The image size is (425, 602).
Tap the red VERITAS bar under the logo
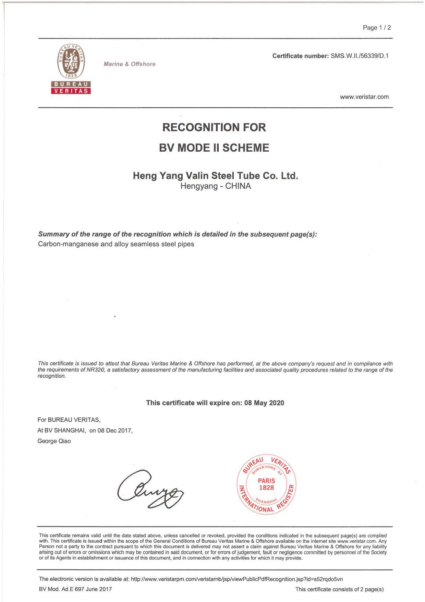[71, 91]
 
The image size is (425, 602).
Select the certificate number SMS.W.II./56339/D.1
[360, 56]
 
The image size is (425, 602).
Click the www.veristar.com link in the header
[364, 97]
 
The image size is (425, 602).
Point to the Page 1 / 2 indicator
[377, 28]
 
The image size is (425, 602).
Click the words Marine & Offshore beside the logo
[129, 64]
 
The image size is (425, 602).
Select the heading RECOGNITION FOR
[214, 127]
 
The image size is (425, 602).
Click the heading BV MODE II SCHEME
[214, 148]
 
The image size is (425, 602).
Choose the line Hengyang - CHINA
[215, 186]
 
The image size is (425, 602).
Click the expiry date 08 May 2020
[264, 403]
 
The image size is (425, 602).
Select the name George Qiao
[54, 441]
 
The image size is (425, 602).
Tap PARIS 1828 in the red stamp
[266, 484]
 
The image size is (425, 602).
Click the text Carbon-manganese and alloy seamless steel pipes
[116, 244]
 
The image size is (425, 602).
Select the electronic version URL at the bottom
[237, 579]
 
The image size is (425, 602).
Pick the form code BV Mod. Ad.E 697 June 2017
[75, 589]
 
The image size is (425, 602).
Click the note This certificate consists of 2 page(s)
[339, 589]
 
